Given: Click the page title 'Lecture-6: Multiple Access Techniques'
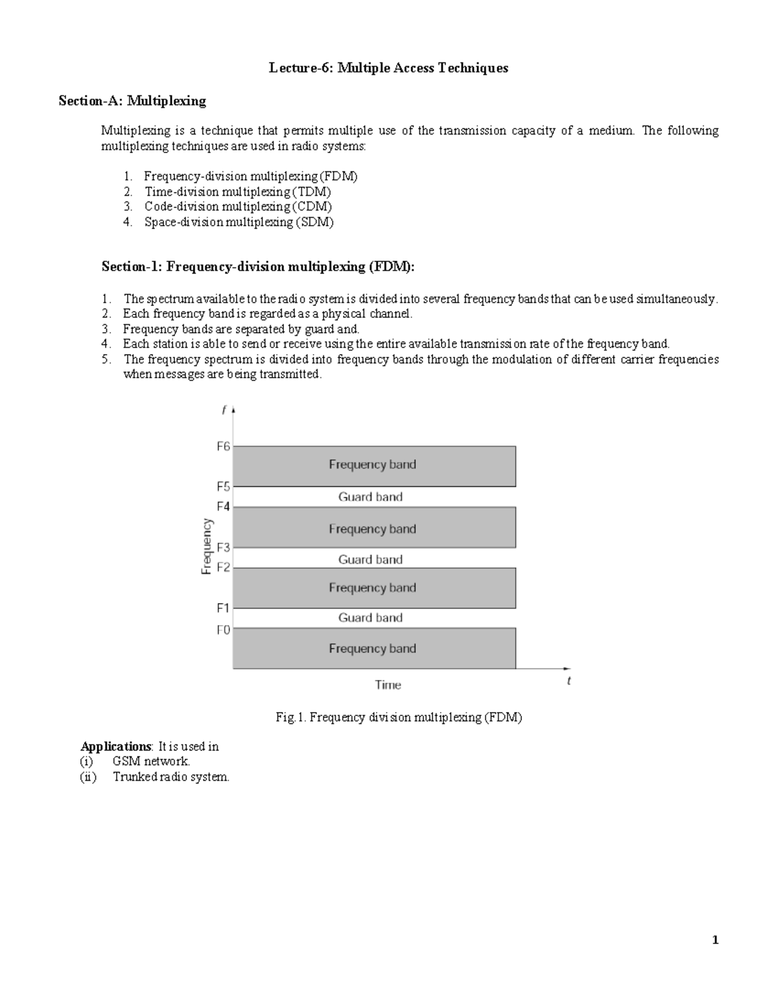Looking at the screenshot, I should tap(388, 68).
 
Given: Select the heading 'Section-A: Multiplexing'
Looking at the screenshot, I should tap(132, 101).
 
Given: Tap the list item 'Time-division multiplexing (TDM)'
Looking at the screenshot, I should tap(237, 191).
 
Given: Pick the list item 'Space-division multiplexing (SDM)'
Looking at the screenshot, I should tap(239, 222).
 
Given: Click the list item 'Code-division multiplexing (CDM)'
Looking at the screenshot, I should tap(238, 206).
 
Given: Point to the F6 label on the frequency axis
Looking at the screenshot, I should tap(223, 447).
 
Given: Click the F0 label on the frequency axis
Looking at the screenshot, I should tap(223, 630).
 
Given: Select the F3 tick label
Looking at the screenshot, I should tap(223, 547).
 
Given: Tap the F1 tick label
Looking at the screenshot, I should tap(223, 608).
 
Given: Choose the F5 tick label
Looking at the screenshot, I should tap(223, 486).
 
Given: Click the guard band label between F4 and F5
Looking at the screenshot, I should tap(370, 497).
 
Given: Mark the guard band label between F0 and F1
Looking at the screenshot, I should tap(370, 618).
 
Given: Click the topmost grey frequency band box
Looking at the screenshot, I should tap(374, 466).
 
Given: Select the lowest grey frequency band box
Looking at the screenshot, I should tap(374, 648).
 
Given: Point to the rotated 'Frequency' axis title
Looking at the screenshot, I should tap(206, 546).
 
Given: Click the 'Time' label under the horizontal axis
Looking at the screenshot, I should tap(388, 685).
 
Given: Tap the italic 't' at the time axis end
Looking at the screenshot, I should tap(569, 681).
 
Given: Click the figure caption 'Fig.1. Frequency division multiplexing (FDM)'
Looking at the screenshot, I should tap(399, 717).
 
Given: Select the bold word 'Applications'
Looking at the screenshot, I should tap(115, 746).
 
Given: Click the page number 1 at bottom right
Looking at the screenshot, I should tap(715, 940).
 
